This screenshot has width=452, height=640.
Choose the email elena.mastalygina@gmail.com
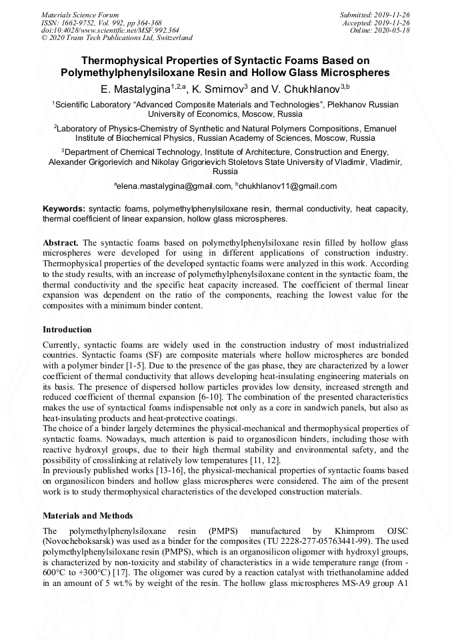point(173,186)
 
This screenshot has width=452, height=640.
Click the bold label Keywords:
point(64,209)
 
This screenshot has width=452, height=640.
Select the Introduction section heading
point(67,329)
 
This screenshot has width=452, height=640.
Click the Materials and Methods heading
point(87,515)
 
